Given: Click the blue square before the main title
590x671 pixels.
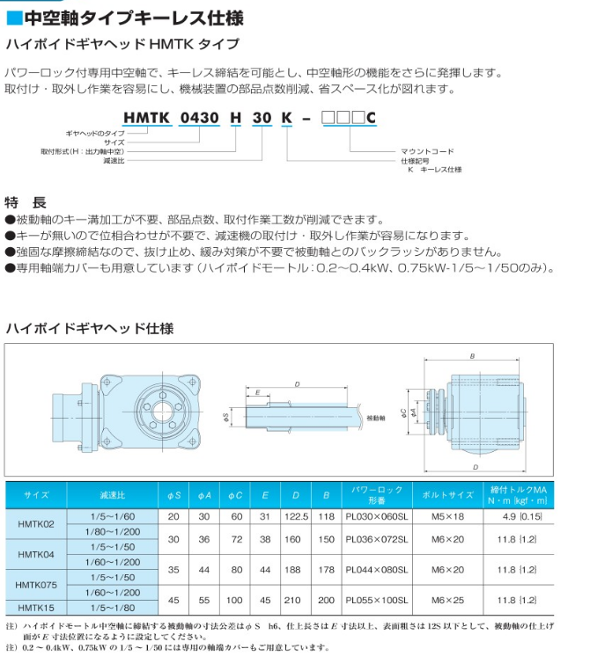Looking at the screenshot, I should point(13,18).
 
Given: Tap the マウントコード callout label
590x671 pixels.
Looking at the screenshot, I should point(427,151).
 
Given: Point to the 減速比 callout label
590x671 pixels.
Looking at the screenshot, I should point(114,161).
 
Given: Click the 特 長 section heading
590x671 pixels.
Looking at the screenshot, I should point(24,201).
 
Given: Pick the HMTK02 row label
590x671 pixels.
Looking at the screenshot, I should point(36,524).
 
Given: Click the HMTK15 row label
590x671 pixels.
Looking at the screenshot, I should point(36,608).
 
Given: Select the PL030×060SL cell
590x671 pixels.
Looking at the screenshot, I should point(377,516).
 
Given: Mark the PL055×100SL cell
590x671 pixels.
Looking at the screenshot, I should point(377,600).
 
